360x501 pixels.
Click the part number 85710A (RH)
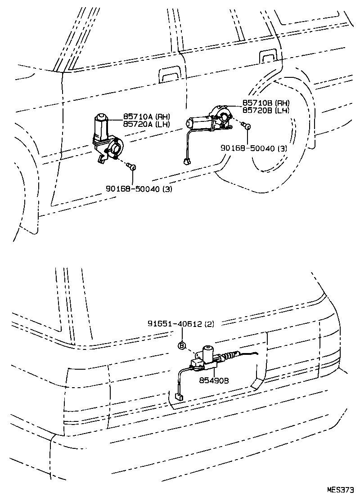click(146, 117)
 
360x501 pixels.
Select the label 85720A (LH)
click(146, 124)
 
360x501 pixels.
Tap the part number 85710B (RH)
click(265, 103)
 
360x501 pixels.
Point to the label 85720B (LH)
click(265, 110)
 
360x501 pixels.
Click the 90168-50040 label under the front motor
click(139, 189)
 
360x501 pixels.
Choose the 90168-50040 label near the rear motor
click(254, 148)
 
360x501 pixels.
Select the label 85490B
click(214, 380)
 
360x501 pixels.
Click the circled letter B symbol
click(182, 345)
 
